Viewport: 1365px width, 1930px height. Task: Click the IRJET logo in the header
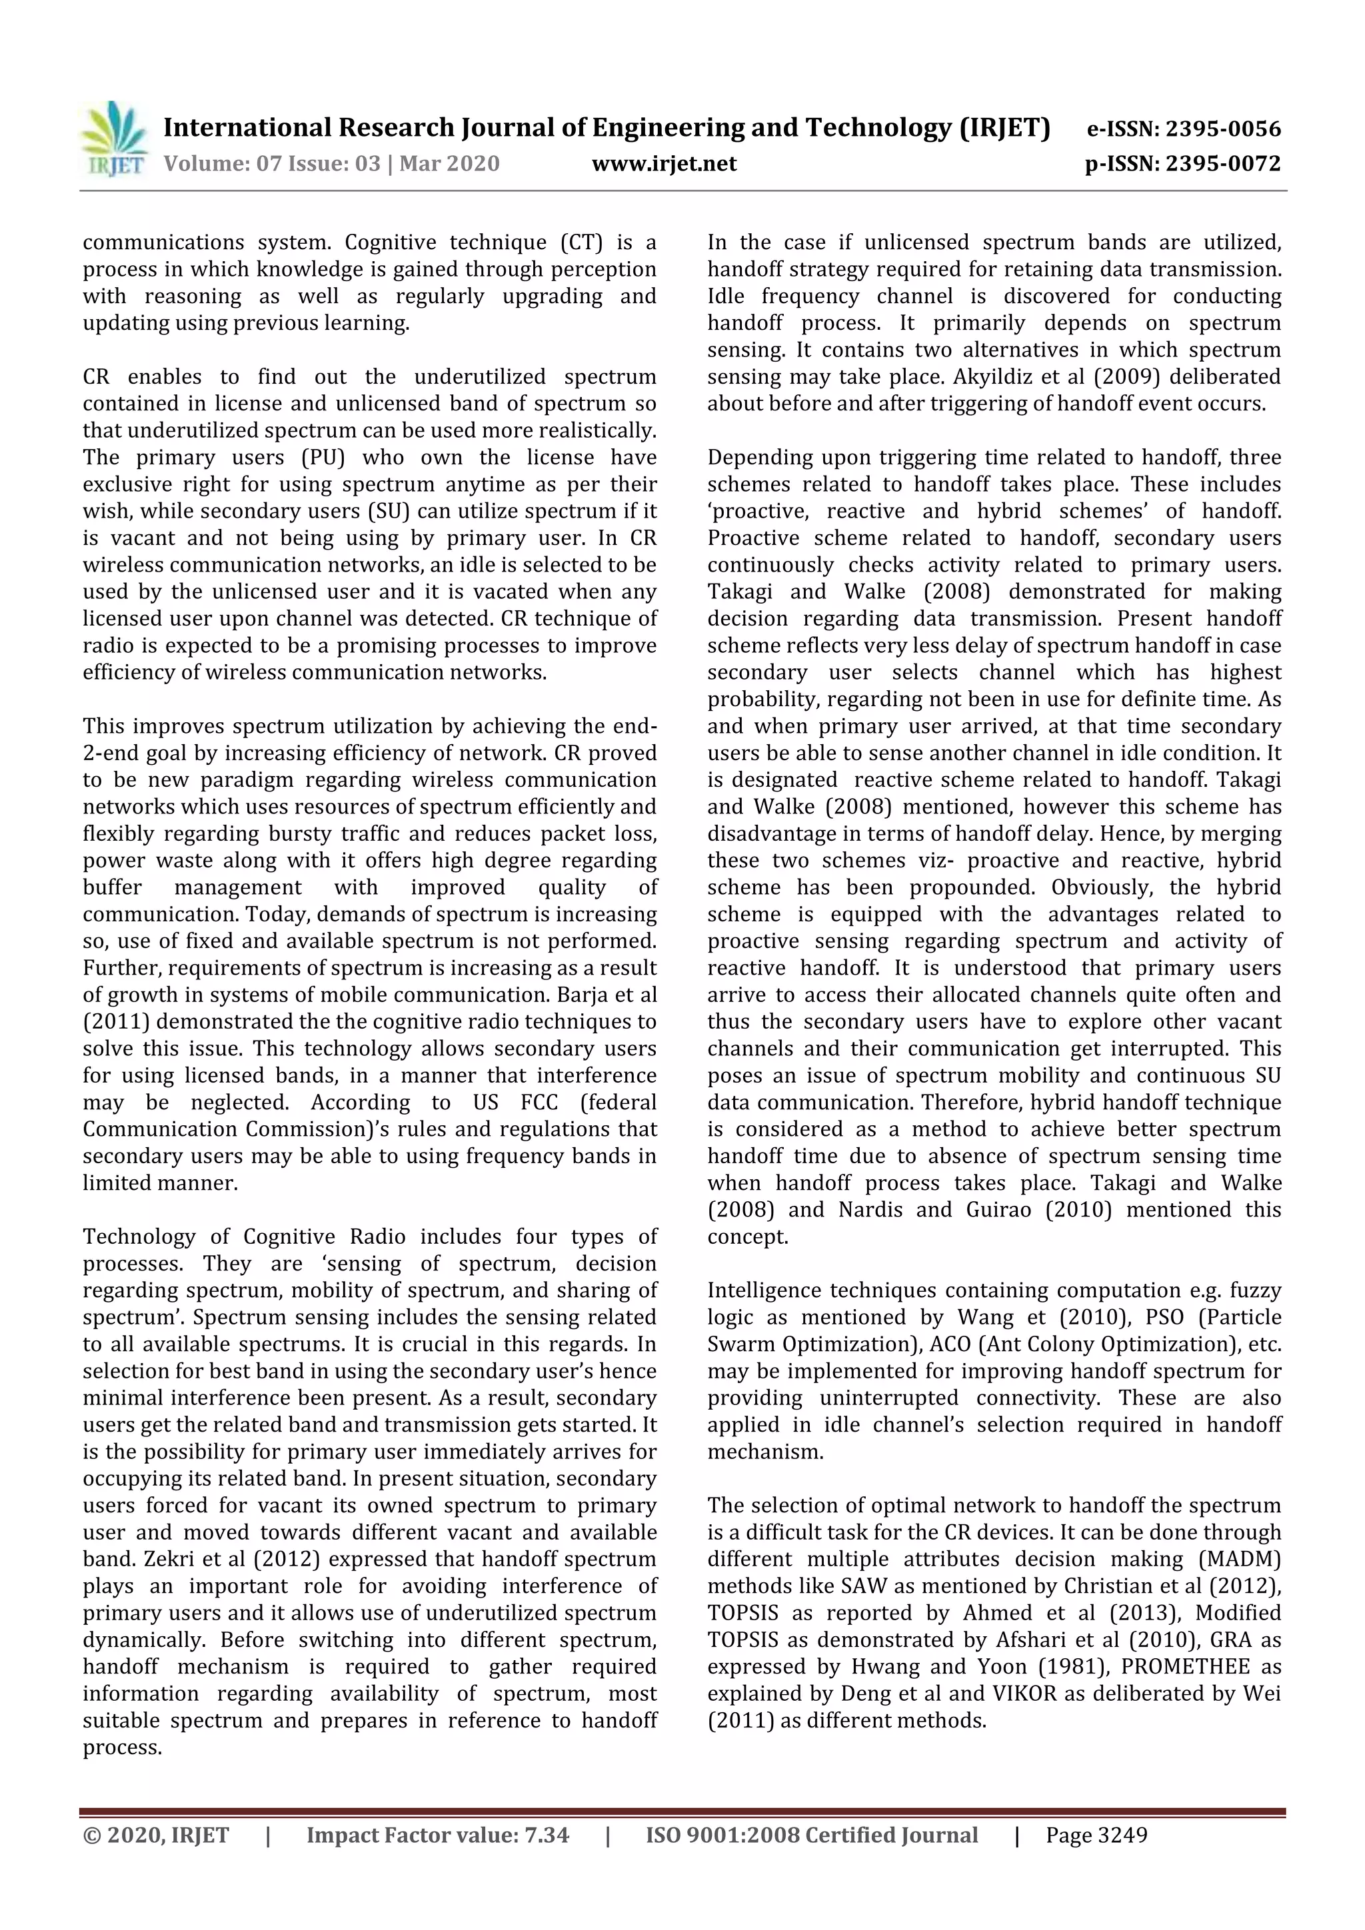113,139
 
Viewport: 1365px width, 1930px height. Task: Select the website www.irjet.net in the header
664,163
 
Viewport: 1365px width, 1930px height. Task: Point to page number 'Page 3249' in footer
1096,1835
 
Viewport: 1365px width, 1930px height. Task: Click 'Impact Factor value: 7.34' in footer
437,1835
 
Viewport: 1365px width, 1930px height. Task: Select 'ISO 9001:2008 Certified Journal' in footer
812,1835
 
